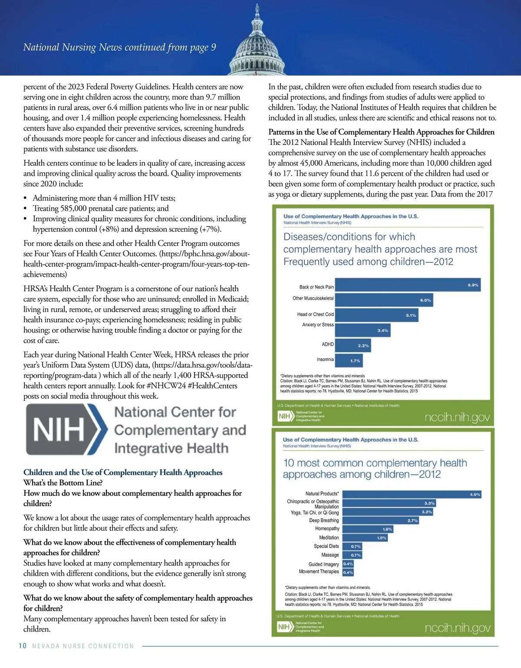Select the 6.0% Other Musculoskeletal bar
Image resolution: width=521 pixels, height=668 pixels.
[x=384, y=300]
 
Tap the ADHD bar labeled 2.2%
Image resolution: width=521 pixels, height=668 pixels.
[x=353, y=345]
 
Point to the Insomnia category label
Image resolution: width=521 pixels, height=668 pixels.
[x=325, y=359]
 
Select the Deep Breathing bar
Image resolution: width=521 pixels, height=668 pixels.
[x=380, y=520]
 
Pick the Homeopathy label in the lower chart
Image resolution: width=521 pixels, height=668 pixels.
[x=327, y=528]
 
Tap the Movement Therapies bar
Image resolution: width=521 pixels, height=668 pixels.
[x=348, y=572]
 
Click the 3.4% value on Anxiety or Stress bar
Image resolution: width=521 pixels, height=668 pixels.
[x=383, y=331]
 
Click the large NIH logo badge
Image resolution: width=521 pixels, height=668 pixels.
[x=65, y=429]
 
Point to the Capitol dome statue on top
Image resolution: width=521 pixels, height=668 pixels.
[x=257, y=9]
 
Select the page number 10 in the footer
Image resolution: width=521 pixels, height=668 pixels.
[x=23, y=646]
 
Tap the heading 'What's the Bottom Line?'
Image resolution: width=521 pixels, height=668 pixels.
[x=63, y=483]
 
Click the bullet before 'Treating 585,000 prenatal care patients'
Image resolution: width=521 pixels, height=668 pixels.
[x=26, y=209]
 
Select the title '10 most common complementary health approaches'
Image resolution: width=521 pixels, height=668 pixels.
[x=375, y=468]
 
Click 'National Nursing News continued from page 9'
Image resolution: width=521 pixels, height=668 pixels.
[x=119, y=47]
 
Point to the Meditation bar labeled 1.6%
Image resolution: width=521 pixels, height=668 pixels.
[x=364, y=537]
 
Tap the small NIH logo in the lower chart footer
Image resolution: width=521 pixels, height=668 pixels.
[x=284, y=627]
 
